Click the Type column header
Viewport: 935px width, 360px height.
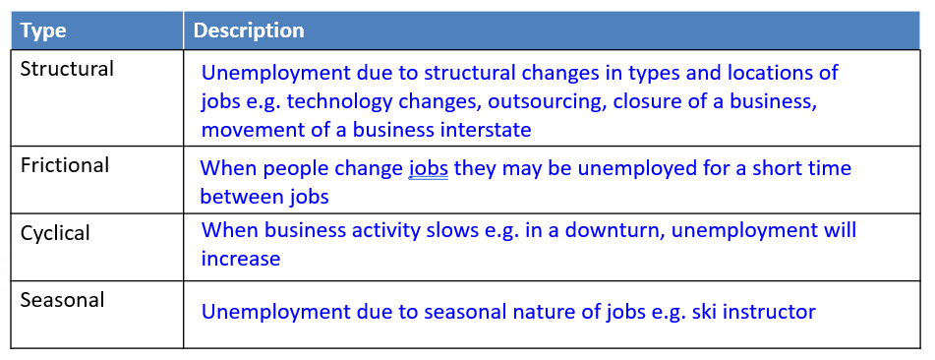(43, 30)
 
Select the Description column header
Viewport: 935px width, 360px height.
(249, 30)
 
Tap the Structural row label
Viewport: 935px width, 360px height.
(67, 69)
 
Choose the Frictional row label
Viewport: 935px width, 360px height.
(65, 165)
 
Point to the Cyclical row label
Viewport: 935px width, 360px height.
(55, 233)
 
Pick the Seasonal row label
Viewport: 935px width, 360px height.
(62, 299)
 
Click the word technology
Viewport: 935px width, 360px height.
(340, 102)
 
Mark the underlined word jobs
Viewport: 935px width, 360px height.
(428, 169)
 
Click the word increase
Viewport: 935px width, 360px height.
(240, 259)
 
